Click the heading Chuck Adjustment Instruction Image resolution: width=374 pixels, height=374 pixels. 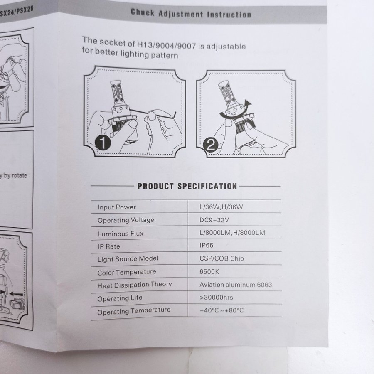(x=191, y=13)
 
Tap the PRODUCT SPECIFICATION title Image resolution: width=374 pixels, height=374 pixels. (x=187, y=186)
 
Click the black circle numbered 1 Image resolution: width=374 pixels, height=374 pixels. (x=103, y=143)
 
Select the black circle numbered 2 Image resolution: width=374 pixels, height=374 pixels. (x=210, y=145)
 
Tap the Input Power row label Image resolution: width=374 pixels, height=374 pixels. (x=117, y=207)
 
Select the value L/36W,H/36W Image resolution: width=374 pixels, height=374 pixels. (x=221, y=207)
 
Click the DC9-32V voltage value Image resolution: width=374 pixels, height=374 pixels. (x=214, y=220)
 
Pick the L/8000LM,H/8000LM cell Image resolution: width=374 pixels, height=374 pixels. (x=232, y=233)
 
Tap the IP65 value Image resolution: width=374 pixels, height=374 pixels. (x=206, y=246)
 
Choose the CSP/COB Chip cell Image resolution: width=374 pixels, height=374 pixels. (x=221, y=258)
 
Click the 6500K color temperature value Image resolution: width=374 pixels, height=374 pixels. (x=209, y=272)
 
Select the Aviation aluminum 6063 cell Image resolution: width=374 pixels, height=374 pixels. (x=236, y=285)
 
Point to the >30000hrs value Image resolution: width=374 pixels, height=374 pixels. (x=216, y=298)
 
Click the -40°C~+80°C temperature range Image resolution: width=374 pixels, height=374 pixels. (x=221, y=310)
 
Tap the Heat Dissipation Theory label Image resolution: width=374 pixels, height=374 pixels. (x=135, y=285)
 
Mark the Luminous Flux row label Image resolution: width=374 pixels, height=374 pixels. (x=121, y=234)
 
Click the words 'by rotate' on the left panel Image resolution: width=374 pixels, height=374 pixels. (x=15, y=175)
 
